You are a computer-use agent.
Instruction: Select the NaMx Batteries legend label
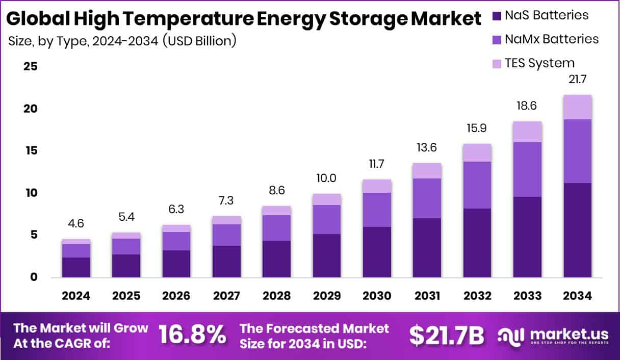pos(551,39)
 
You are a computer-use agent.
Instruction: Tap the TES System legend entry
pos(539,63)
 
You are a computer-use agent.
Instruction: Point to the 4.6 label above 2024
pos(76,224)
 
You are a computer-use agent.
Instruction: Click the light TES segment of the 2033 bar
pos(527,132)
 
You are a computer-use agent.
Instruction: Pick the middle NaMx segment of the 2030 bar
pos(377,210)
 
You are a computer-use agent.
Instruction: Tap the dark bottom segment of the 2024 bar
pos(76,267)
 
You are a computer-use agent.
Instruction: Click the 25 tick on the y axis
pos(30,67)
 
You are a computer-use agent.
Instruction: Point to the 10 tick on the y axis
pos(30,193)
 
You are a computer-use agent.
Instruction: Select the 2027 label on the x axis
pos(226,296)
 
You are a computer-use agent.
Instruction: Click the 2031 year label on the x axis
pos(427,296)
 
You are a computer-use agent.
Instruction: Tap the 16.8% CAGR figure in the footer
pos(192,335)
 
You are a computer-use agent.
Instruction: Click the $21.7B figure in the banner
pos(447,335)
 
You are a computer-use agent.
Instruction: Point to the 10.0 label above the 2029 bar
pos(327,178)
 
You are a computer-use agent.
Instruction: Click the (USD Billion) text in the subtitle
pos(199,41)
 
